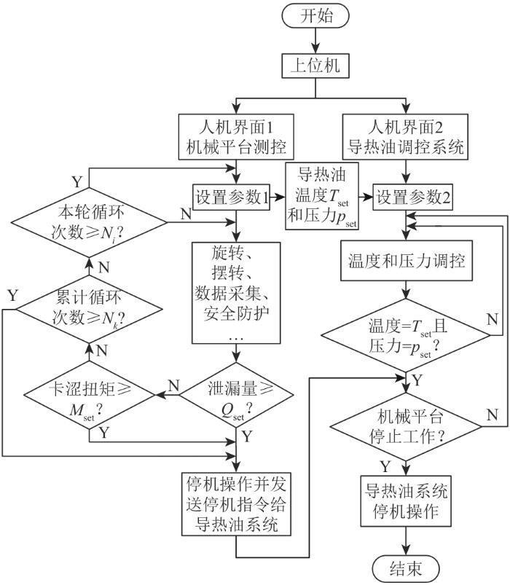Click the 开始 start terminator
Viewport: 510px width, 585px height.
(315, 17)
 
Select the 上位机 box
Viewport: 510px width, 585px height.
(315, 66)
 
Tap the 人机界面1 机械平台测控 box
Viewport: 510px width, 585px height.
(236, 137)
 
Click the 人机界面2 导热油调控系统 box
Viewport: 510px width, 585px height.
(406, 137)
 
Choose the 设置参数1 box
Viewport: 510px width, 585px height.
(231, 197)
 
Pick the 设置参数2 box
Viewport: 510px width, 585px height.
(413, 197)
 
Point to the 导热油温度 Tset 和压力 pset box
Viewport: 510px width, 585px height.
(322, 196)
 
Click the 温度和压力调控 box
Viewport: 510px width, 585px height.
(407, 260)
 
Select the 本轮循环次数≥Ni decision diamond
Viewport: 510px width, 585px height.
(89, 223)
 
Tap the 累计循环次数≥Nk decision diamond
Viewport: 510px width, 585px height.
(89, 310)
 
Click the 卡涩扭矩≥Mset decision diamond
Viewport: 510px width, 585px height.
(90, 395)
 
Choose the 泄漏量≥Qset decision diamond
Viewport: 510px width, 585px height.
(236, 395)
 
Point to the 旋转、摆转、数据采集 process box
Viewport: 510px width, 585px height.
(236, 293)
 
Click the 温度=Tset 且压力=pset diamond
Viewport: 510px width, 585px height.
(406, 335)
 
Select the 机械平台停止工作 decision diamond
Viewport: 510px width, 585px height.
(406, 426)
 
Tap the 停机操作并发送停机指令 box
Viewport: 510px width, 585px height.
(236, 504)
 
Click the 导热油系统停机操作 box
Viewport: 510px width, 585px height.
(406, 500)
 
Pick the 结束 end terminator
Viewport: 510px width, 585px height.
(406, 568)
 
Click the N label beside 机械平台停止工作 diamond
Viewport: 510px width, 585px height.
(493, 415)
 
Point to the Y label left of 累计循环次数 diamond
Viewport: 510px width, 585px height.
(13, 296)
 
